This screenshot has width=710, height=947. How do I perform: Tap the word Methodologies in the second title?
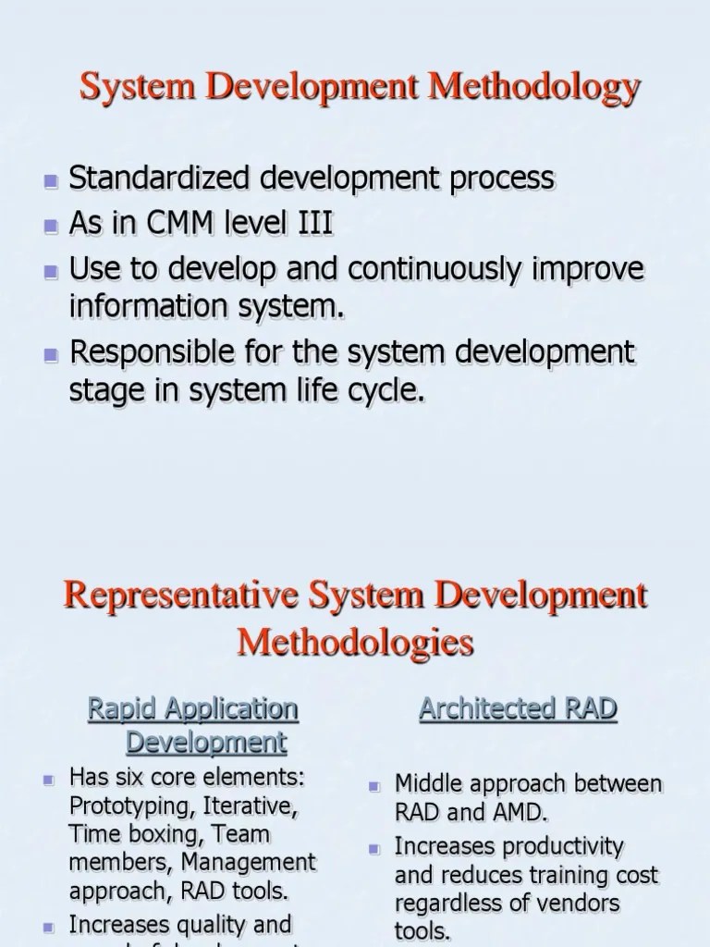coord(356,641)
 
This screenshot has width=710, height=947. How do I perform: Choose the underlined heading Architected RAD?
coord(518,709)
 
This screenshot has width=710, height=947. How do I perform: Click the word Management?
coord(248,863)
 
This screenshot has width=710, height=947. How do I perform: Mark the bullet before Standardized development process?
coord(52,179)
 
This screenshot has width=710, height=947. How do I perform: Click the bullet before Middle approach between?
coord(375,786)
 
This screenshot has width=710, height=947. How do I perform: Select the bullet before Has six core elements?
coord(51,780)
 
